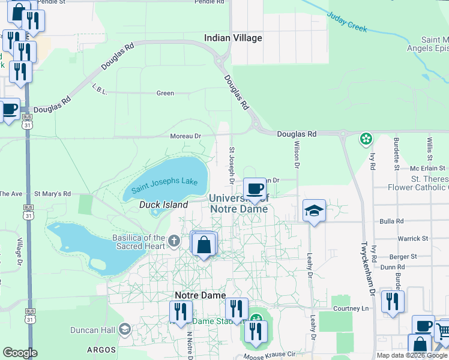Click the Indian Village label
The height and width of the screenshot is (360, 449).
pyautogui.click(x=233, y=38)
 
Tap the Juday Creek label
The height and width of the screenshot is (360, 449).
pyautogui.click(x=346, y=22)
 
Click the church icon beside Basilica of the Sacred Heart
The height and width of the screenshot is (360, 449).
pyautogui.click(x=174, y=241)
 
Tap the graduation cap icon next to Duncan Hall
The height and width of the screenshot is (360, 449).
pyautogui.click(x=125, y=329)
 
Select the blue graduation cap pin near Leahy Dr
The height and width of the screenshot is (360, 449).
pyautogui.click(x=314, y=211)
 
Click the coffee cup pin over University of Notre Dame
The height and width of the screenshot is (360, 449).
pyautogui.click(x=255, y=188)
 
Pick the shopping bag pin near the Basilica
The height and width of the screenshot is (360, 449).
pyautogui.click(x=204, y=245)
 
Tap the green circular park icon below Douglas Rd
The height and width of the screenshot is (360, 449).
pyautogui.click(x=366, y=139)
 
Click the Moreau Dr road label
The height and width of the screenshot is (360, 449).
pyautogui.click(x=185, y=136)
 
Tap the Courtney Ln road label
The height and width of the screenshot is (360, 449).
pyautogui.click(x=351, y=308)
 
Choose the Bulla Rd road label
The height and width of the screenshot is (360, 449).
pyautogui.click(x=391, y=221)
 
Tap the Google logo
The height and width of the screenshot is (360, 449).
pyautogui.click(x=20, y=353)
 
